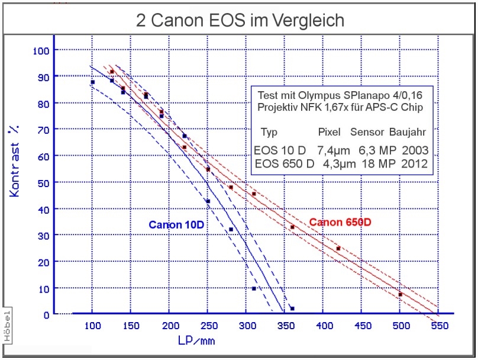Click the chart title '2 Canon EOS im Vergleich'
[240, 21]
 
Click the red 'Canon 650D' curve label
[340, 223]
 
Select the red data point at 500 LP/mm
[401, 294]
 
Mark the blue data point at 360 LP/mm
[292, 308]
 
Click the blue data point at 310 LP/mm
[254, 288]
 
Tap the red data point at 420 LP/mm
[338, 249]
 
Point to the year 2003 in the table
[414, 150]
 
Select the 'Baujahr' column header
[408, 131]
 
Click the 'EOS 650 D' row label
[284, 164]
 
